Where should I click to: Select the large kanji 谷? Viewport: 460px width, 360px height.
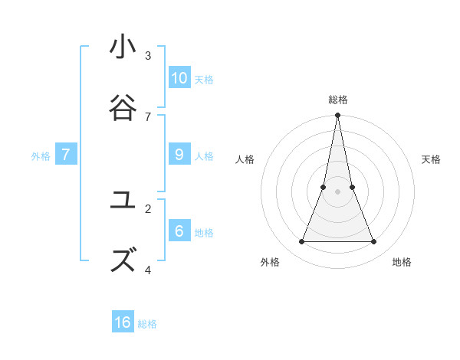tap(123, 107)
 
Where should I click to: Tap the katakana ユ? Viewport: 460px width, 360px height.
tap(123, 201)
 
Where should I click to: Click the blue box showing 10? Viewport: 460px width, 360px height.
tap(179, 77)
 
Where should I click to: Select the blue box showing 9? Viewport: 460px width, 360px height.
tap(179, 154)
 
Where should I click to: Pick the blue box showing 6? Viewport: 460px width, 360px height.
tap(179, 231)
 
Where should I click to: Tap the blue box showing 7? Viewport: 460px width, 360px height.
tap(66, 154)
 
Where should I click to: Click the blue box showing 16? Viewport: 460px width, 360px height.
tap(123, 322)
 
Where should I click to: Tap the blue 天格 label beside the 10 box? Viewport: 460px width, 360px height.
tap(204, 79)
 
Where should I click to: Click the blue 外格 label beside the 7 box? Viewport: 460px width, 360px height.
tap(41, 156)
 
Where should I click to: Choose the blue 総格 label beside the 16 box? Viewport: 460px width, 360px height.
tap(147, 324)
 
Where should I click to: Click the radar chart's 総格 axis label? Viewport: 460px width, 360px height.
tap(338, 100)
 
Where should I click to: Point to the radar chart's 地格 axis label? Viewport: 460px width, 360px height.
tap(402, 262)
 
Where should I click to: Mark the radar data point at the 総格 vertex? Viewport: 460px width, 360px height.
tap(338, 116)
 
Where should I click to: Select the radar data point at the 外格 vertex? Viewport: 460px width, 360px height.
tap(301, 242)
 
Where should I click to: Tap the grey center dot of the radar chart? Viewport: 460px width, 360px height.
tap(338, 191)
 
